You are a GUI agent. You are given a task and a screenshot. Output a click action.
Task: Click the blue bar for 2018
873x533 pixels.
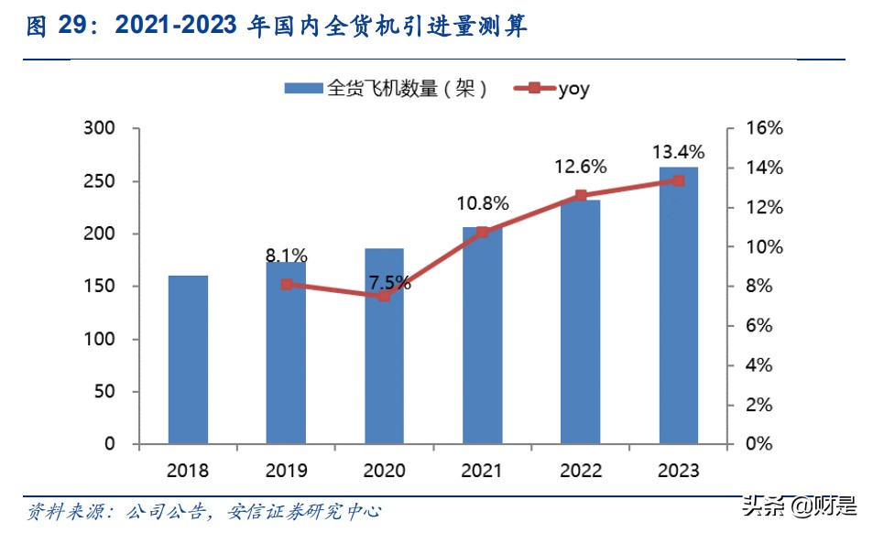(x=188, y=359)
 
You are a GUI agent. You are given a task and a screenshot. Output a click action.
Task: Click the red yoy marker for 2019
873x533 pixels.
(x=286, y=285)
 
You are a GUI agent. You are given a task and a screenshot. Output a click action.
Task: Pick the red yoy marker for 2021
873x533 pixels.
(x=483, y=232)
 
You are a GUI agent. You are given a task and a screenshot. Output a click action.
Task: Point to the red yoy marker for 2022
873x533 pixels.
(x=581, y=195)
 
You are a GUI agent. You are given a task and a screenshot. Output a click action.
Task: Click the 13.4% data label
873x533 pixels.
(x=678, y=151)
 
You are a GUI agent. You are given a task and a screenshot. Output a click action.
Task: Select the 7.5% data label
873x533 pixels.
(x=385, y=283)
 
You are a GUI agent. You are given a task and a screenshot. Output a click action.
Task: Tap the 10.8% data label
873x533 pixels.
(x=483, y=203)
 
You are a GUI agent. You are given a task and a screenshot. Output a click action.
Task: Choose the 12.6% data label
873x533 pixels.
(x=581, y=167)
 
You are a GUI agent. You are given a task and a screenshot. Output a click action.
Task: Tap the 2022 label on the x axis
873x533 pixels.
(x=581, y=471)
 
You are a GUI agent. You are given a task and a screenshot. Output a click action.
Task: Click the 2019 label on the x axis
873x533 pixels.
(x=286, y=471)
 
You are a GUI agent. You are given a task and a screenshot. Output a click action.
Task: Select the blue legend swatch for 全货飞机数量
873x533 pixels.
(x=303, y=89)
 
